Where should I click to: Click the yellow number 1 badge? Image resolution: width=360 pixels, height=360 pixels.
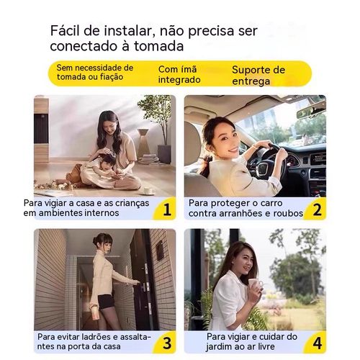tap(166, 210)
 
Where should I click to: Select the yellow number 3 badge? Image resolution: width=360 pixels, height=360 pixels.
tap(166, 342)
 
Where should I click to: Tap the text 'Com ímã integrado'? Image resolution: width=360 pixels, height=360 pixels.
tap(179, 74)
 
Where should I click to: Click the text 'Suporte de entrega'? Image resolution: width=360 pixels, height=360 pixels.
tap(258, 75)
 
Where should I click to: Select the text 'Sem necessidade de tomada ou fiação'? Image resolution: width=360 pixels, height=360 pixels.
tap(95, 73)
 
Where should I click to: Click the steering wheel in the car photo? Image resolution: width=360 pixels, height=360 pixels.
tap(268, 158)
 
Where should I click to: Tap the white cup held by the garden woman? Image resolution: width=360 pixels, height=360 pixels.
tap(253, 276)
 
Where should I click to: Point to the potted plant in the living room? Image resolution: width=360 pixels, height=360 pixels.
tap(155, 119)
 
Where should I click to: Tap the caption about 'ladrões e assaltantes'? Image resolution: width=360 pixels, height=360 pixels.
tap(94, 341)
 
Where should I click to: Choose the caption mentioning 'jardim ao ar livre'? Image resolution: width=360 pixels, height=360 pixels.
tap(251, 341)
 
